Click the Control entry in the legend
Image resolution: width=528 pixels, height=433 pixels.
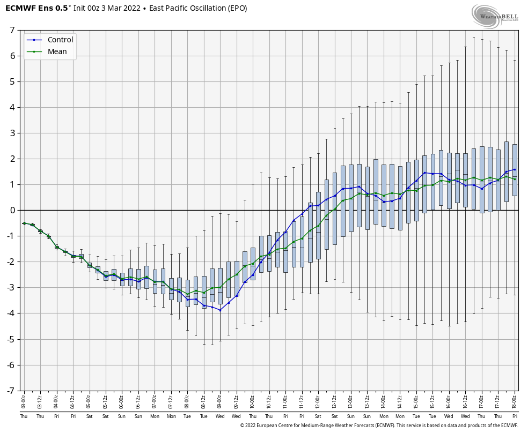pos(60,40)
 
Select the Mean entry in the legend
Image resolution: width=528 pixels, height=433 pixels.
pos(57,52)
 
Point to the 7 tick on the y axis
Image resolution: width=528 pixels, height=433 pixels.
pos(11,30)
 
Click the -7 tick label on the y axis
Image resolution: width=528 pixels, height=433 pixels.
pos(10,391)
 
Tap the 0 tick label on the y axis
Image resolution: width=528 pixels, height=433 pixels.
pos(11,210)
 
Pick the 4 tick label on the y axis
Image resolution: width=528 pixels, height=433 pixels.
pos(11,107)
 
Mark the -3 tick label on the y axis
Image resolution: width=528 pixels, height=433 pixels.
pos(10,288)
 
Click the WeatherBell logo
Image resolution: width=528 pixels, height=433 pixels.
pos(495,16)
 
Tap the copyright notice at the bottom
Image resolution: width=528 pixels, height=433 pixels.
pos(379,425)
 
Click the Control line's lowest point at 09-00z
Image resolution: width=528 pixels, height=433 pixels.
pos(220,310)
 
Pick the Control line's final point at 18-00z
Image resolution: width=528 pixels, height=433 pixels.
pos(515,169)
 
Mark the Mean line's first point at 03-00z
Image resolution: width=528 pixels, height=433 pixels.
pos(24,223)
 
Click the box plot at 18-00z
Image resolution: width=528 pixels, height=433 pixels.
pos(515,170)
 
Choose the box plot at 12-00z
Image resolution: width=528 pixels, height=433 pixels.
pos(318,225)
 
